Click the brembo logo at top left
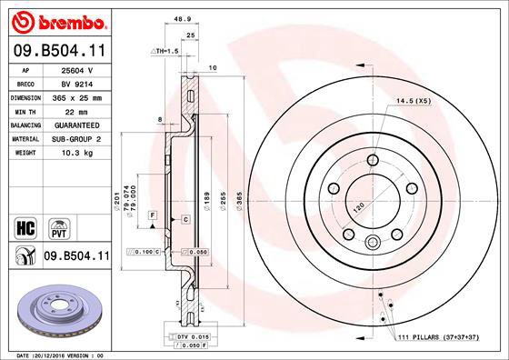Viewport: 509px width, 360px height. pyautogui.click(x=57, y=21)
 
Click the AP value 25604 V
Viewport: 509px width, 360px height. pyautogui.click(x=76, y=69)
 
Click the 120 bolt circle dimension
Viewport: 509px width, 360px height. pyautogui.click(x=357, y=207)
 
